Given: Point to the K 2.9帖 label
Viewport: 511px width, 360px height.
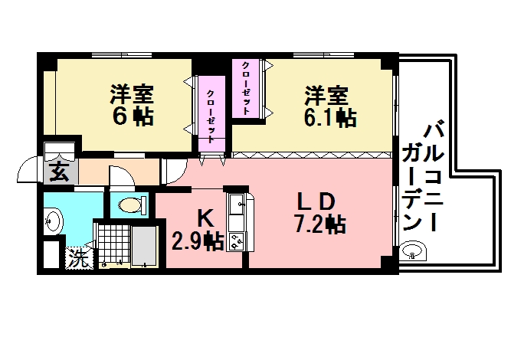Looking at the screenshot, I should click(x=197, y=229).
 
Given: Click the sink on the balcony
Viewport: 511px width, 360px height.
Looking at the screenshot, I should click(x=414, y=251).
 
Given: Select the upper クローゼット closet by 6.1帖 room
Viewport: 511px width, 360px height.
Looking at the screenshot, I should click(x=247, y=87).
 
